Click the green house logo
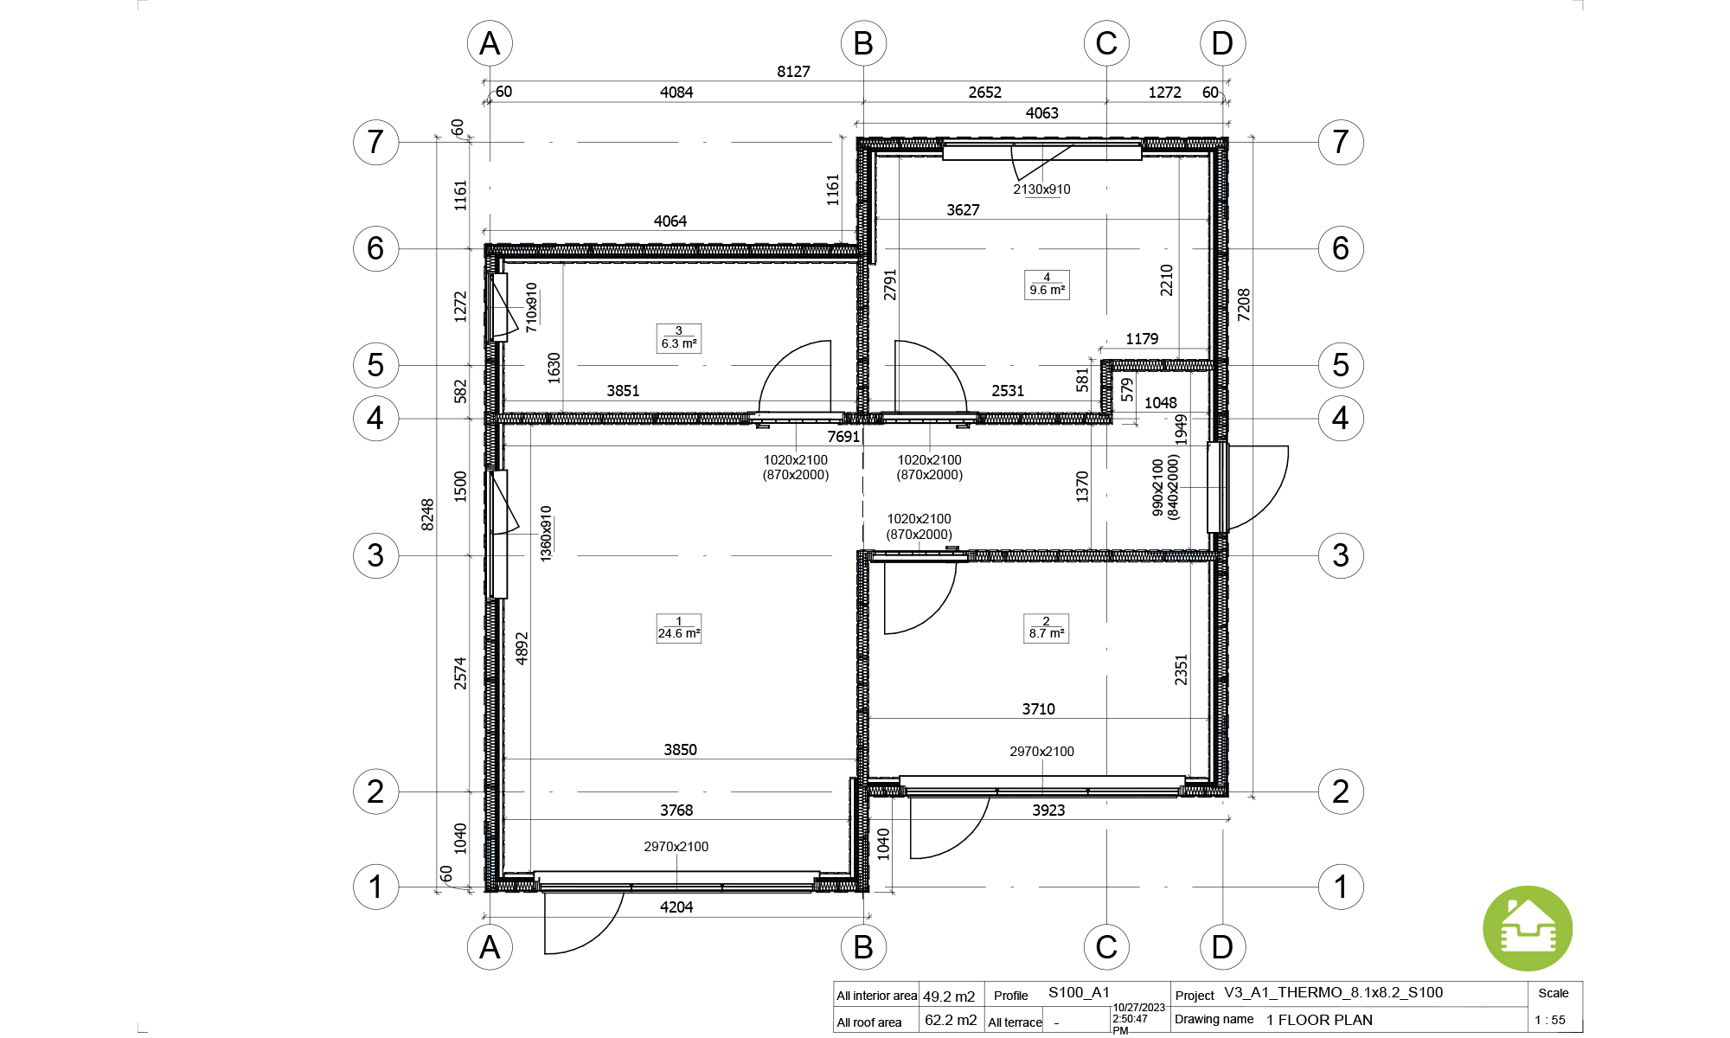[1528, 929]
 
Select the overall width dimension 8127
[793, 72]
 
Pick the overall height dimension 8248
[427, 515]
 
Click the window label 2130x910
[1041, 189]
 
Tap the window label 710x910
[531, 307]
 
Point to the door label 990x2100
[1158, 488]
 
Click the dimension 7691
[843, 437]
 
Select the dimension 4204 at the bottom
[676, 907]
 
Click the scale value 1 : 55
[1550, 1020]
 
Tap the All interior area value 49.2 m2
[949, 996]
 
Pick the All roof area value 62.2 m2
[951, 1021]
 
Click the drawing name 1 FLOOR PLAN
[1319, 1020]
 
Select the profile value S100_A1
[1079, 993]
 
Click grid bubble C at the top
[1106, 43]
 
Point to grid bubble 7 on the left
[375, 142]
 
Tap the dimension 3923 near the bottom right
[1048, 811]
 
